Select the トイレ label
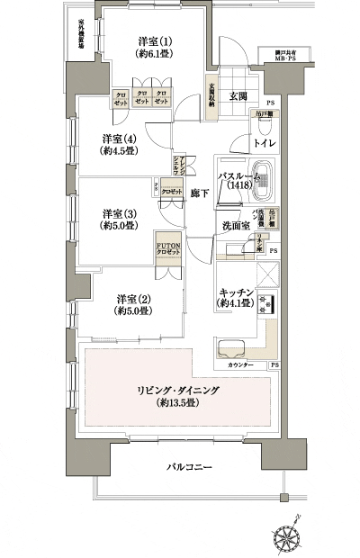264,144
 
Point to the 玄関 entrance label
237,96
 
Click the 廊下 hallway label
200,193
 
